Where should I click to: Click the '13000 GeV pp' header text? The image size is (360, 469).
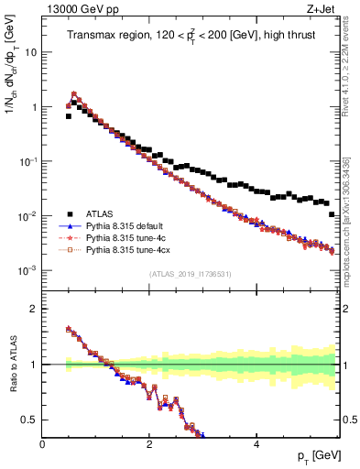point(78,9)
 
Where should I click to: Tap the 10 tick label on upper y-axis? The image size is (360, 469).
point(30,52)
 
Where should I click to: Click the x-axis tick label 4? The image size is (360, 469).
point(256,443)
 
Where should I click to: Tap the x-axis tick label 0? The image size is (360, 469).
point(42,443)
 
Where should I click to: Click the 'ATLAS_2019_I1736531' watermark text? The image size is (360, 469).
point(190,275)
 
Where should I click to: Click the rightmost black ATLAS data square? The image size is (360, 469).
point(332,214)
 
